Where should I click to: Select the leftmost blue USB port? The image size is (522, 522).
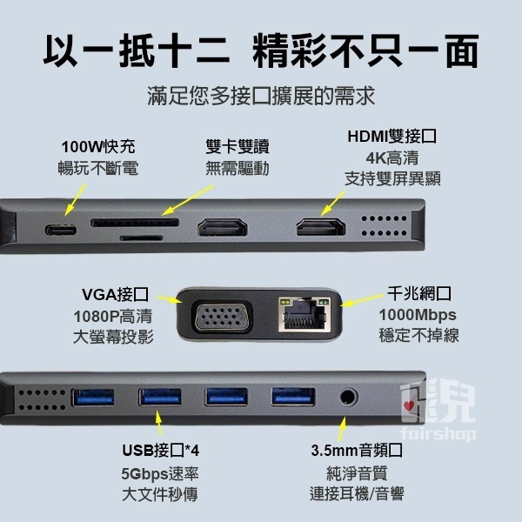93,398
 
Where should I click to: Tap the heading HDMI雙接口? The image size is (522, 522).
391,137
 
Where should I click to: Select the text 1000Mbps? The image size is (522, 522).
418,314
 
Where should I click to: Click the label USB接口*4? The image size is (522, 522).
159,451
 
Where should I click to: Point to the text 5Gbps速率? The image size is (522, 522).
159,474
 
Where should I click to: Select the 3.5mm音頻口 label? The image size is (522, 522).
356,451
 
